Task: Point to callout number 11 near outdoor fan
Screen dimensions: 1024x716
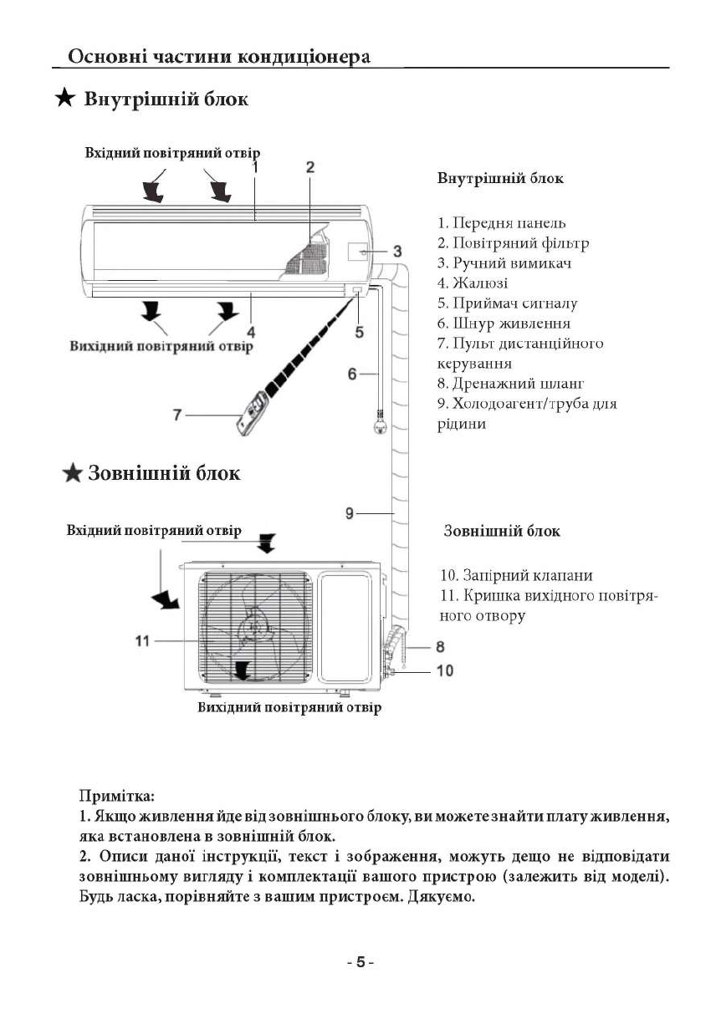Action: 141,640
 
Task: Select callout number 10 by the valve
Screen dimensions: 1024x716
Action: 445,670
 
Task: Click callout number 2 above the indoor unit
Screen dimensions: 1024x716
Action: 309,167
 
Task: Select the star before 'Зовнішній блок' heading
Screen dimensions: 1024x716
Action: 74,474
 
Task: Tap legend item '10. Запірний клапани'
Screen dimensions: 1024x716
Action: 516,576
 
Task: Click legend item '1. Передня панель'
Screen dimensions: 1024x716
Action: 501,223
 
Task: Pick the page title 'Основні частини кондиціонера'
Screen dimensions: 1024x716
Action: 219,57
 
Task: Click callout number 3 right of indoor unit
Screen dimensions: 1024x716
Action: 397,251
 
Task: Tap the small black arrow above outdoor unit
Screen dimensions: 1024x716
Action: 266,544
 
